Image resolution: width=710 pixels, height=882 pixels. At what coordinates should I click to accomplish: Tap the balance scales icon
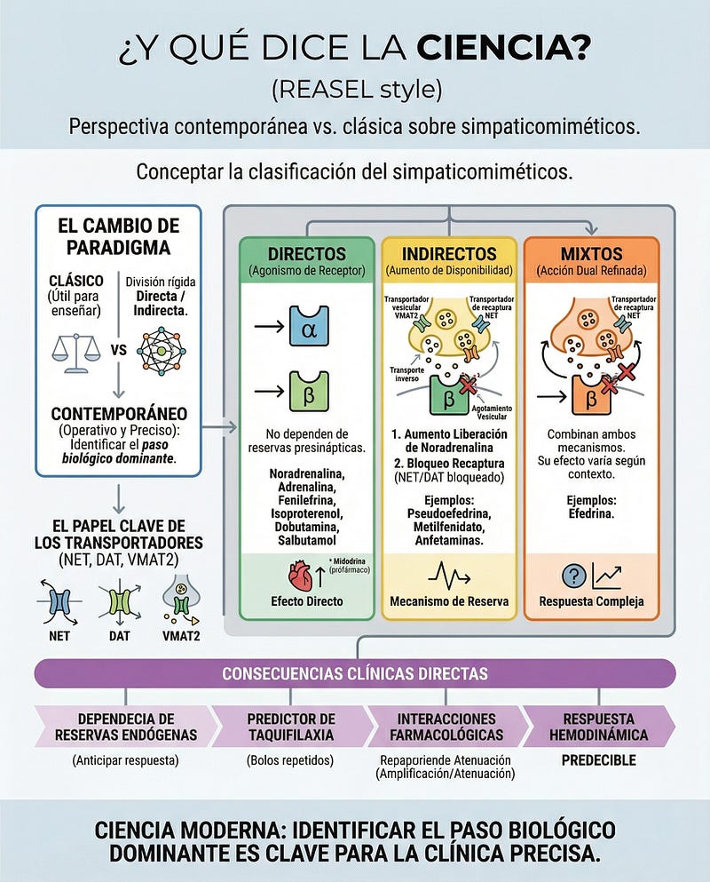77,348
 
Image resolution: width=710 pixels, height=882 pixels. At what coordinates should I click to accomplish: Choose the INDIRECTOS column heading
449,253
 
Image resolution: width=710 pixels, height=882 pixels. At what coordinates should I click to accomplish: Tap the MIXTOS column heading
591,253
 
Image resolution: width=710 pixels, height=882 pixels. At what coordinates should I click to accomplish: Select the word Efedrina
590,513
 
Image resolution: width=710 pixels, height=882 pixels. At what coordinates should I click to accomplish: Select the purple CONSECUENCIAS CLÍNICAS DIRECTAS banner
355,673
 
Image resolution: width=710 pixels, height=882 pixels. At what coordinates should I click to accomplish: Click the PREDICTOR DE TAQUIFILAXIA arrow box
291,727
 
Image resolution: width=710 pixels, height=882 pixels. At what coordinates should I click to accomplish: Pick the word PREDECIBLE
598,760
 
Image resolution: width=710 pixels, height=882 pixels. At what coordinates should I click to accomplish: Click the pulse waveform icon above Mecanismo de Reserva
449,575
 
